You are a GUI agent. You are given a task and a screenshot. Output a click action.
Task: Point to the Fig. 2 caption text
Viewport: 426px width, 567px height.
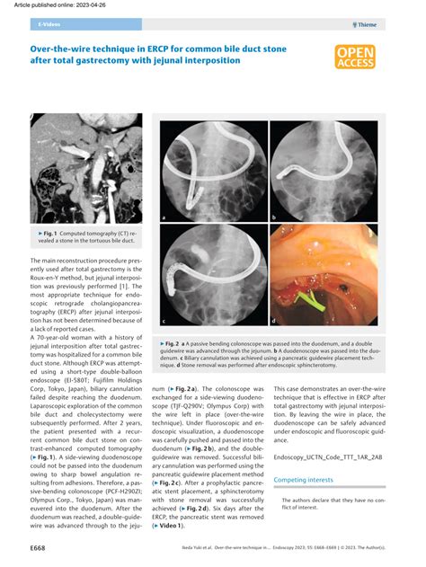tap(268, 354)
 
